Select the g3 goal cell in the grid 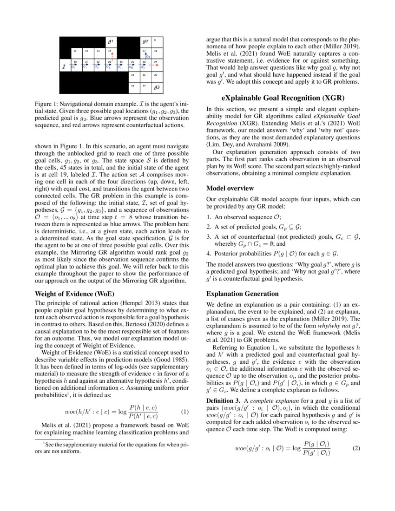point(157,87)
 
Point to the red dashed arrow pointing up point(112,56)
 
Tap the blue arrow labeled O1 point(74,66)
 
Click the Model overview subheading point(230,188)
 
